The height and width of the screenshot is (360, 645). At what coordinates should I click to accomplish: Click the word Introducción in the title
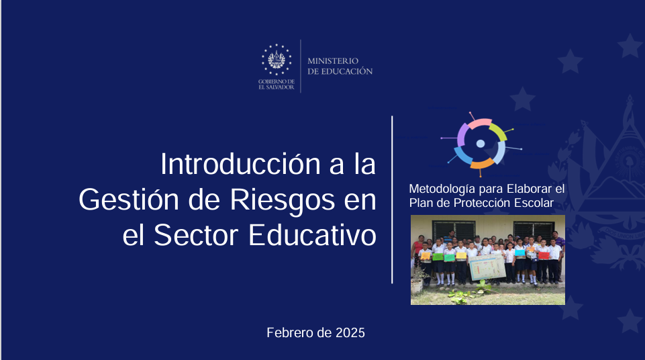tap(240, 164)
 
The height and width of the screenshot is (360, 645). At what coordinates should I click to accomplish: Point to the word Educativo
tap(312, 235)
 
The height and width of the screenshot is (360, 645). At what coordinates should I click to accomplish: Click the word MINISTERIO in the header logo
tap(333, 61)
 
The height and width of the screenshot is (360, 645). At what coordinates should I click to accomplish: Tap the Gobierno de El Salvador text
tap(277, 85)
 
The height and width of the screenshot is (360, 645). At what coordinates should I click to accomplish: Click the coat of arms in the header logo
tap(277, 60)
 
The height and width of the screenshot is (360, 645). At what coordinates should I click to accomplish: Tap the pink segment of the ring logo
tap(480, 123)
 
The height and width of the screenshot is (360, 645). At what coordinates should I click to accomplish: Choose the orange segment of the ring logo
tap(482, 164)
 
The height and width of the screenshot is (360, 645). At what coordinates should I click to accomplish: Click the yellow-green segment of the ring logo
tap(499, 132)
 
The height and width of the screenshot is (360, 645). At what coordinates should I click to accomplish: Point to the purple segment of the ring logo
tap(462, 135)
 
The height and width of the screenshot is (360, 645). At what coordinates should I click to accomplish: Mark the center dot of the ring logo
tap(481, 144)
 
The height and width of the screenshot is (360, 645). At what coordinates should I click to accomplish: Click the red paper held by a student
tap(544, 255)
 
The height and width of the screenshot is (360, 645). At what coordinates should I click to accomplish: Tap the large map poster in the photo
tap(487, 267)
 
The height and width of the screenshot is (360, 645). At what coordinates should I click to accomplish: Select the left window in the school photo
tap(453, 229)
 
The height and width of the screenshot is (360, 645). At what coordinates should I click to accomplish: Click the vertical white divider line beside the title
tap(392, 199)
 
